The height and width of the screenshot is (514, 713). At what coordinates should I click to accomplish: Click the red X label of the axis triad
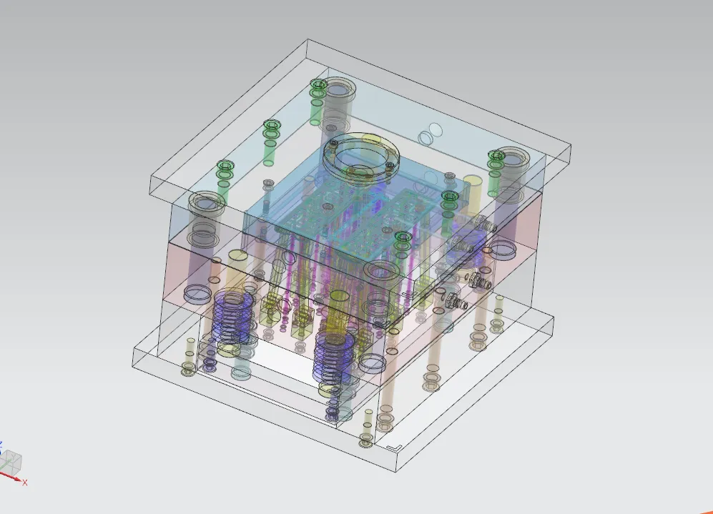pos(24,483)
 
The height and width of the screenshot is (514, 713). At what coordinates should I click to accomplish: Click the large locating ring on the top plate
pos(361,154)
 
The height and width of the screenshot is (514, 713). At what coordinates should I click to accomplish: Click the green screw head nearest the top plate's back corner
pos(318,87)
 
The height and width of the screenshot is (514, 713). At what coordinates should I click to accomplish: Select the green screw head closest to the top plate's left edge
pos(225,168)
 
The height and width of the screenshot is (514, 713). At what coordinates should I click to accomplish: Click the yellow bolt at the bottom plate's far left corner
pos(189,367)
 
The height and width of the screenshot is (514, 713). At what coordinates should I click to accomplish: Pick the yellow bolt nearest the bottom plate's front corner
pos(365,440)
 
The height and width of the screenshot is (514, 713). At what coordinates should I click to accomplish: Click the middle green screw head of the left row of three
pos(271,129)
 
